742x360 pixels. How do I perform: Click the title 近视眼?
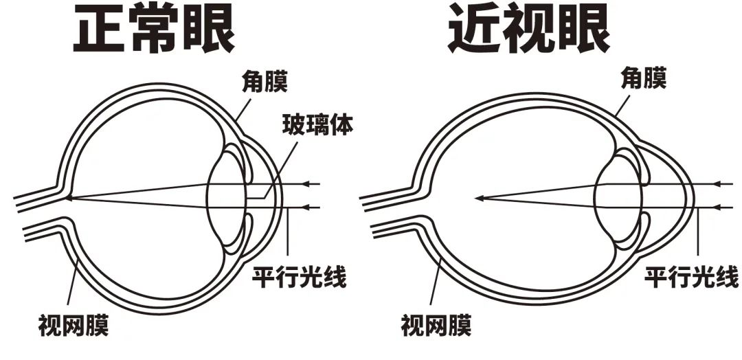click(x=529, y=32)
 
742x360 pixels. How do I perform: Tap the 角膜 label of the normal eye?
click(x=263, y=82)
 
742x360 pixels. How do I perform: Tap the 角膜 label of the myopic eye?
click(x=642, y=77)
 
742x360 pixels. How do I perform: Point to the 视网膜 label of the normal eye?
click(x=74, y=324)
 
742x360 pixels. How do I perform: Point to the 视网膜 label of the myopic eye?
click(x=436, y=324)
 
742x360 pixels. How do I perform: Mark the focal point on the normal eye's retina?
click(x=69, y=198)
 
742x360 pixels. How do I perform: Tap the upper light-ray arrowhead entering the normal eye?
click(x=308, y=184)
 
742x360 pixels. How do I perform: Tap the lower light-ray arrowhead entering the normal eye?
click(x=308, y=206)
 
